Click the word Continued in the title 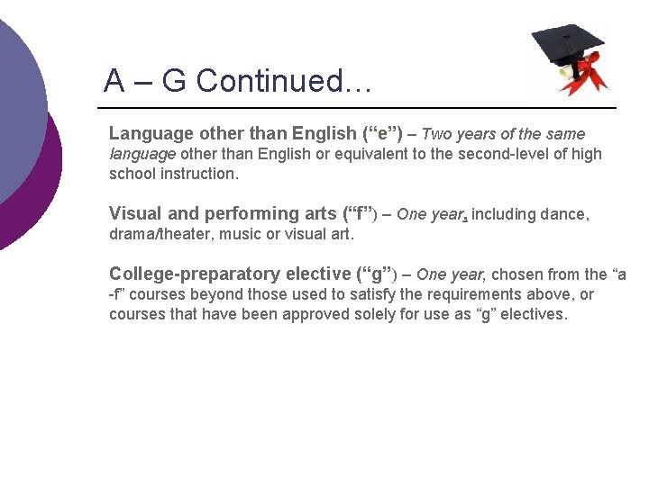[284, 81]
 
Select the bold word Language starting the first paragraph [151, 134]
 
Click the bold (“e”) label [382, 134]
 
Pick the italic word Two [437, 134]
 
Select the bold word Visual [135, 214]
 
